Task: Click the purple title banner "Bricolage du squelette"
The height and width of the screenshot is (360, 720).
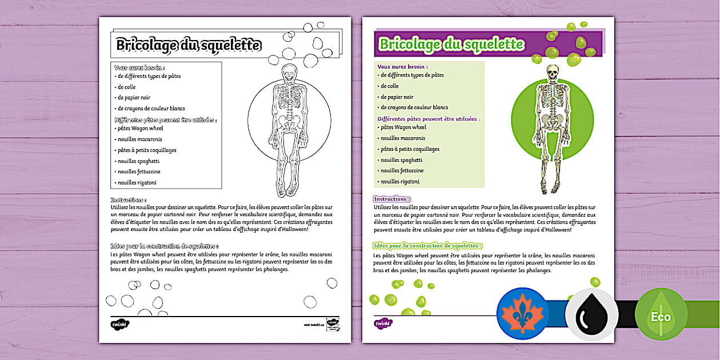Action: point(451,44)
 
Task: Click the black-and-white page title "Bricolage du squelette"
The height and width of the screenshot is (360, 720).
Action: point(189,45)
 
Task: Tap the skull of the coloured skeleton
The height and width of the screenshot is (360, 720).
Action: point(552,73)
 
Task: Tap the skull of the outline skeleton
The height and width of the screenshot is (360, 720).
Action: point(290,72)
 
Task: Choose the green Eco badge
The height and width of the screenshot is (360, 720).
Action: point(661,317)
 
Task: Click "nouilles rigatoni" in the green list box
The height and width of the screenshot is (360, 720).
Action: point(400,181)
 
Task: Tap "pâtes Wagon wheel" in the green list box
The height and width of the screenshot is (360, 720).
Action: point(403,127)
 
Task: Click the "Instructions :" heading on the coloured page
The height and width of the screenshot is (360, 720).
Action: point(391,199)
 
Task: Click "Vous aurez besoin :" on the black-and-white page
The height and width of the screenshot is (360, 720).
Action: point(135,67)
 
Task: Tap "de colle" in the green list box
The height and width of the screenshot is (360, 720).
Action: point(390,86)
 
